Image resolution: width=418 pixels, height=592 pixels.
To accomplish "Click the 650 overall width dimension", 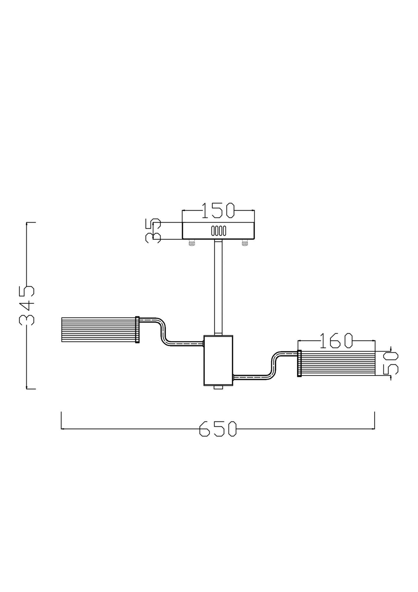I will tap(218, 428).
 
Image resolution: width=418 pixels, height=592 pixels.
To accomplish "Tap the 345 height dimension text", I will tap(27, 305).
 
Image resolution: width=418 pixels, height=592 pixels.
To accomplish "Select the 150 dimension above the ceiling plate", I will tap(218, 210).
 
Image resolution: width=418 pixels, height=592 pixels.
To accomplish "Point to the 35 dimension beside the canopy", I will tap(153, 231).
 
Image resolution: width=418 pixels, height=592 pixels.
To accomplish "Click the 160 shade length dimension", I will tap(336, 341).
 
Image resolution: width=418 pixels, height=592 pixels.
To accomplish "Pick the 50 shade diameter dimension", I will tap(390, 363).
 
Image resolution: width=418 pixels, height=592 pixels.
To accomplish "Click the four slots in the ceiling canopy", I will tap(218, 231).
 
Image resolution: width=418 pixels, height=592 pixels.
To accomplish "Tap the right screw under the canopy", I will tap(244, 243).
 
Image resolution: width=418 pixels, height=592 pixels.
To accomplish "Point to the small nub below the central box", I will tap(218, 387).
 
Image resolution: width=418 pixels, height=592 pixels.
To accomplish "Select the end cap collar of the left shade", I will tap(137, 329).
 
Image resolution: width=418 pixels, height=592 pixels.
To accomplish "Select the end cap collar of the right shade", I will tap(299, 363).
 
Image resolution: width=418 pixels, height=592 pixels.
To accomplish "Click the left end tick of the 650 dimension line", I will tap(61, 421).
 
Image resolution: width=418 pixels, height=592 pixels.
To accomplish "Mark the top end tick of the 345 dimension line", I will tap(31, 222).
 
